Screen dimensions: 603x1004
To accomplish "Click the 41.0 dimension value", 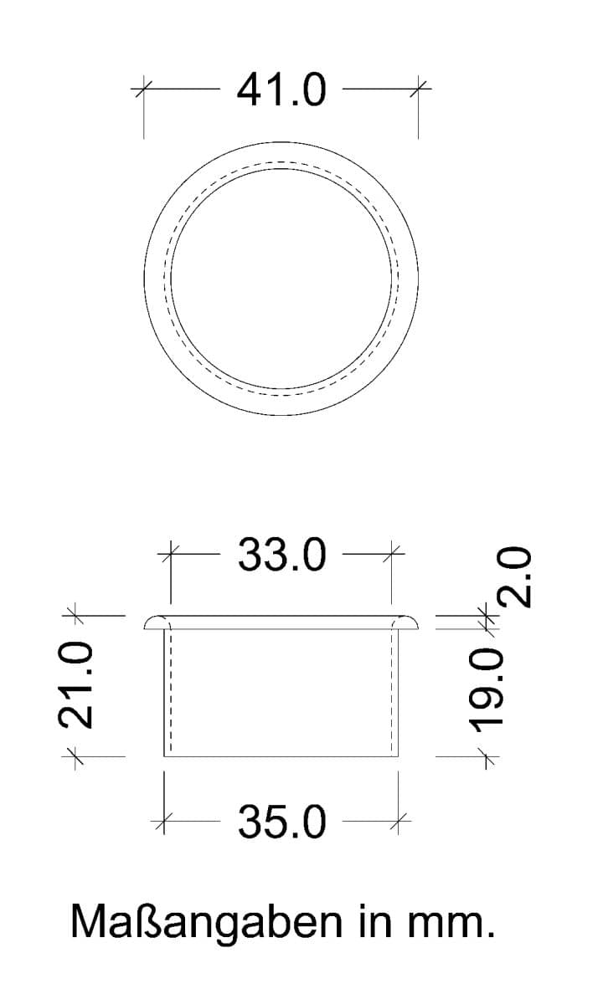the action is (281, 90).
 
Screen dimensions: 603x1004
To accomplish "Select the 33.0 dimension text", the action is (281, 555).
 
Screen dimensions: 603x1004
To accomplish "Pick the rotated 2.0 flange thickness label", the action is (514, 577).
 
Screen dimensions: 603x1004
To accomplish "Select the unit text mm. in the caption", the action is (451, 927).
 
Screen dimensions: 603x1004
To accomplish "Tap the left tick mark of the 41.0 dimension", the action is (143, 89).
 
